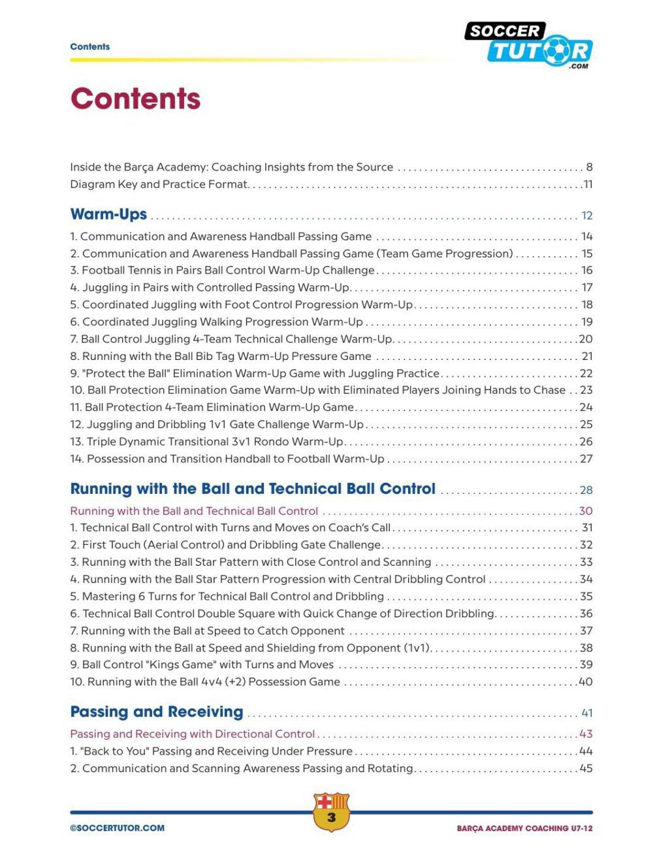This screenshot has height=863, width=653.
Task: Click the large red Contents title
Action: click(135, 99)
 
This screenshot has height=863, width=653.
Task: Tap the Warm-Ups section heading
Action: click(108, 214)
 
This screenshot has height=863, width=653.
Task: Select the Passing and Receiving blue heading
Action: click(157, 711)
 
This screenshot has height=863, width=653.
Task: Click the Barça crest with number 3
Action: click(332, 812)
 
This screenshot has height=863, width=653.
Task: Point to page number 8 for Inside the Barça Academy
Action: click(589, 167)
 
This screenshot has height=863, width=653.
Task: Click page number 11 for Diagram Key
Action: click(588, 184)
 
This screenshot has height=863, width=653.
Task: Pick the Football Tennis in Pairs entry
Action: click(222, 270)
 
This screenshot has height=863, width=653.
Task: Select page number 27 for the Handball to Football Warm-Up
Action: click(586, 459)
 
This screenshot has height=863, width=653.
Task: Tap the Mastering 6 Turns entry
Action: click(227, 596)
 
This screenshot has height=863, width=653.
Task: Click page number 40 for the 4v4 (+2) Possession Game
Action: click(586, 682)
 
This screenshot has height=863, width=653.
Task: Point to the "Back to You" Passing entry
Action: click(211, 751)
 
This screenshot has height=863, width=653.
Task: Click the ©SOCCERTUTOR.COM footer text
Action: click(118, 828)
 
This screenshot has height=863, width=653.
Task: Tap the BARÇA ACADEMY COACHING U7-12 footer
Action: click(524, 828)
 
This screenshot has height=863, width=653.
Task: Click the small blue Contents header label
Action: click(90, 46)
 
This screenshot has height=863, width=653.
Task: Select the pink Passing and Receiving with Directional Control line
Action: click(192, 734)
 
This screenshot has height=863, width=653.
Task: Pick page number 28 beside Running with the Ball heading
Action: click(586, 490)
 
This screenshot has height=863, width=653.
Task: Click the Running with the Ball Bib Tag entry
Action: click(221, 356)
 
